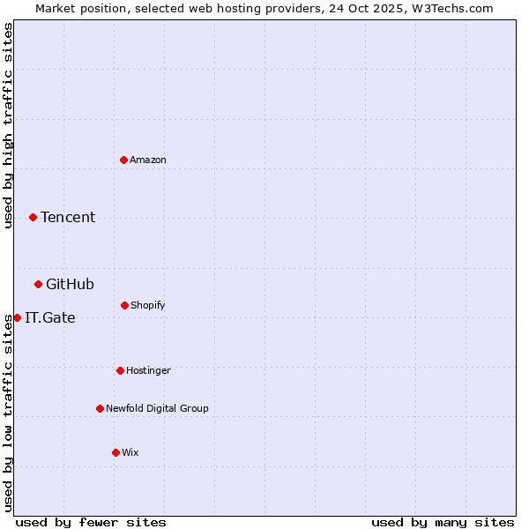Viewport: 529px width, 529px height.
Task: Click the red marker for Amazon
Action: point(124,160)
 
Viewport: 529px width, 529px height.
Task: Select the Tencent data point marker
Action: point(34,217)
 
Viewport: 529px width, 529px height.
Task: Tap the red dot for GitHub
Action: point(39,284)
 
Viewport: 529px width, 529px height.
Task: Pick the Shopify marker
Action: point(124,305)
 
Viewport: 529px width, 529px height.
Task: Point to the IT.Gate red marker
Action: point(17,317)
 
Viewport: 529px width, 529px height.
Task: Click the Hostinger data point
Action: point(120,370)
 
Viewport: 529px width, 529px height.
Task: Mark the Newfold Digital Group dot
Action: point(100,408)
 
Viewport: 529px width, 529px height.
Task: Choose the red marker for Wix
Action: point(115,452)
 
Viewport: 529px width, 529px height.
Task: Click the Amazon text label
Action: point(148,160)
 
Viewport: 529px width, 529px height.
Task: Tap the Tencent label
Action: point(68,217)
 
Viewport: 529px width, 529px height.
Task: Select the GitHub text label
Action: point(70,284)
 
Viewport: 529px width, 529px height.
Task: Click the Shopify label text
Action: point(148,305)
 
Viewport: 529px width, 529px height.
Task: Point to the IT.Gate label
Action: point(50,317)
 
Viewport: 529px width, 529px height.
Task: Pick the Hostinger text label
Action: point(148,370)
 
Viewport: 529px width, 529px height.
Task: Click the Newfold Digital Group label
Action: point(157,408)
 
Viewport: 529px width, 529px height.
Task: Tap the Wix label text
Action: point(130,452)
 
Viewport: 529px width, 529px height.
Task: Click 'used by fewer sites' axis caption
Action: point(91,522)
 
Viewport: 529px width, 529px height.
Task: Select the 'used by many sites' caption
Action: point(443,522)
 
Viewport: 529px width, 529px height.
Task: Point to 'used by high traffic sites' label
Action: point(8,125)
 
